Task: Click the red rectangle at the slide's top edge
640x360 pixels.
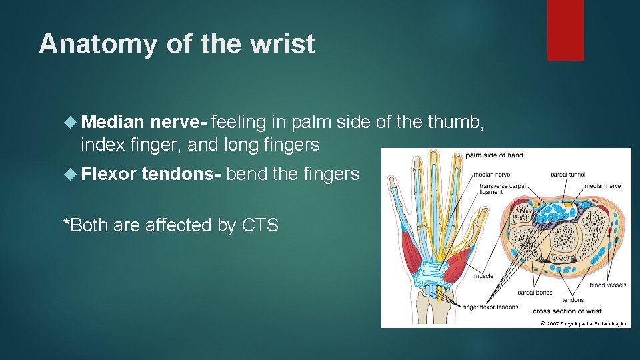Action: click(565, 29)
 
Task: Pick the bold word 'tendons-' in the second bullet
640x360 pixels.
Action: click(182, 175)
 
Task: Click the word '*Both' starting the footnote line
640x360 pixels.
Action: click(85, 225)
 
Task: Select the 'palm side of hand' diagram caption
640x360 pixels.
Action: click(494, 155)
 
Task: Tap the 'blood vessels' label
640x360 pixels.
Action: click(607, 285)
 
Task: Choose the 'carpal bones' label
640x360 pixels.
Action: click(535, 292)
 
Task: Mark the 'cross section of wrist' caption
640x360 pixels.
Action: click(567, 311)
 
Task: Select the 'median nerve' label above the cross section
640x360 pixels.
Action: click(605, 186)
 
